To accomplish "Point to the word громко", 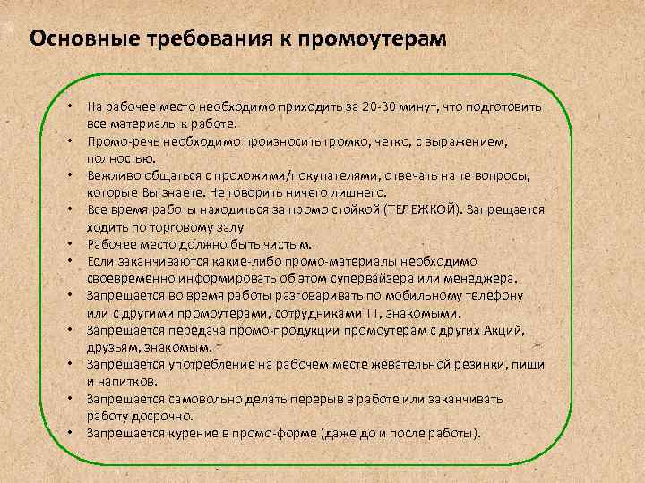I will pyautogui.click(x=358, y=141).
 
